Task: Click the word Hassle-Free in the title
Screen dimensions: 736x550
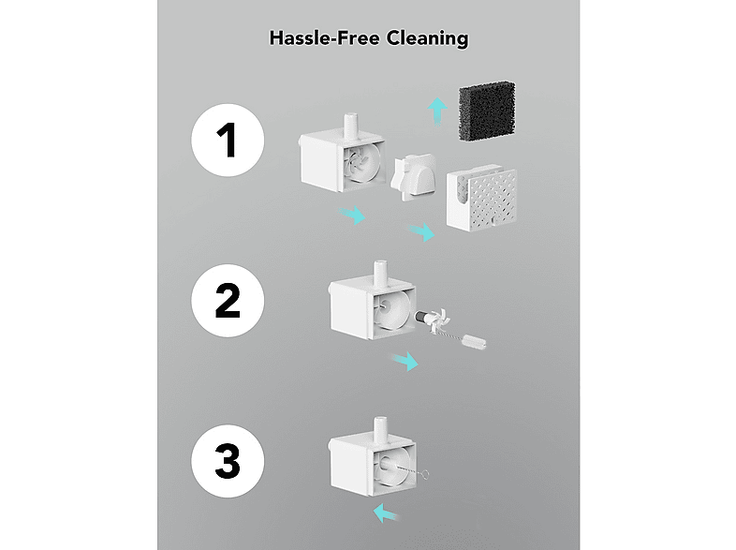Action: coord(324,38)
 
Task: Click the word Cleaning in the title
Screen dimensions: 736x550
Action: coord(427,38)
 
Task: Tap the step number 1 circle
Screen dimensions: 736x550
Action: coord(228,140)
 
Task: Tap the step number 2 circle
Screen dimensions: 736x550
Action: coord(228,300)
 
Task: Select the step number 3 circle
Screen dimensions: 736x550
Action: coord(228,461)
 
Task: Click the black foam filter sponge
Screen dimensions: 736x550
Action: coord(487,111)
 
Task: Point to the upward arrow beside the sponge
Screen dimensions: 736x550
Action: coord(437,111)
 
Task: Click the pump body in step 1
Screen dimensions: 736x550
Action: coord(342,158)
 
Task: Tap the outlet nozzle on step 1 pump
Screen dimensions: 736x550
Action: coord(351,126)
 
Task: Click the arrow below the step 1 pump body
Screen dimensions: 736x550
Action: coord(352,215)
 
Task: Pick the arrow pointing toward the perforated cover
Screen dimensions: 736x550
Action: coord(421,231)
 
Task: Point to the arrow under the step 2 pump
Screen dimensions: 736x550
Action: coord(405,360)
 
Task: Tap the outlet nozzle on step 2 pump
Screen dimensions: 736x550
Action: coord(380,274)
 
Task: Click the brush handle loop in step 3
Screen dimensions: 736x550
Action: coord(425,475)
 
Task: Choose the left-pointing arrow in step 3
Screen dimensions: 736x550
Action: coord(388,513)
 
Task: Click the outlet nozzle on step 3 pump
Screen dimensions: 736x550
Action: coord(380,429)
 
